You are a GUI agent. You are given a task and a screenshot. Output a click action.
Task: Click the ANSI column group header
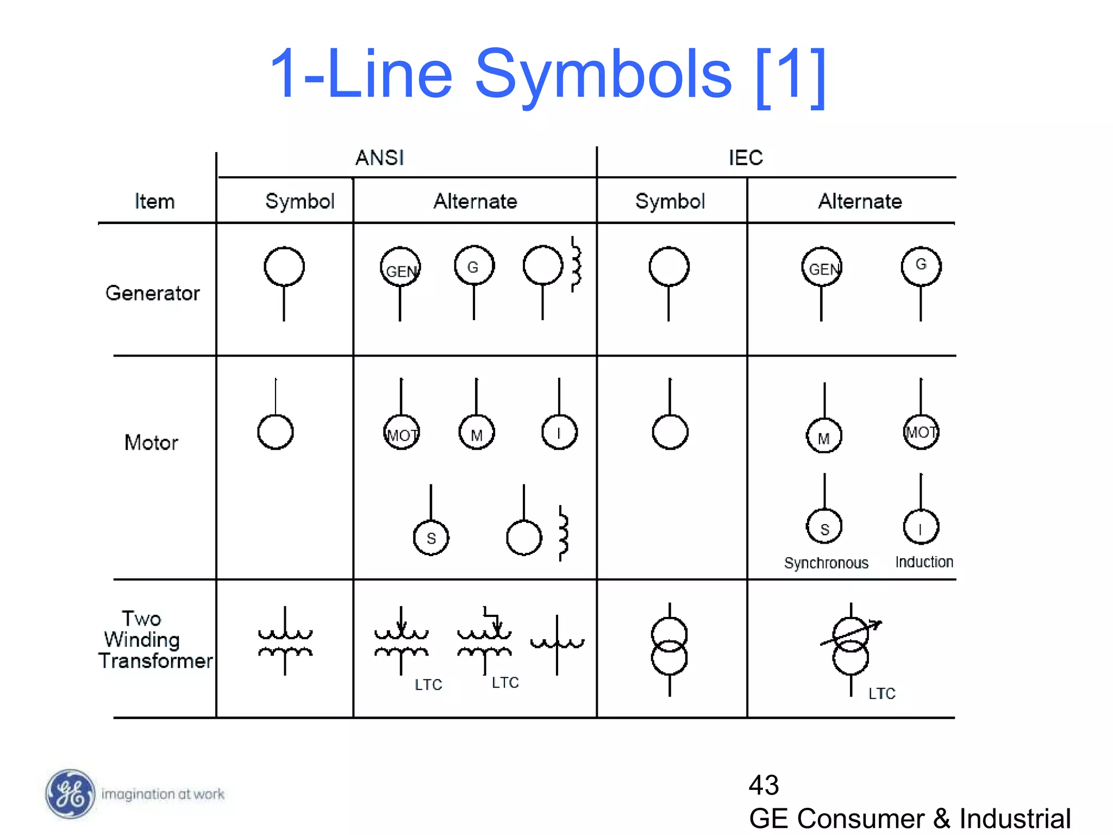tap(379, 158)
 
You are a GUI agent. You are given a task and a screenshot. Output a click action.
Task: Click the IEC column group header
tap(745, 158)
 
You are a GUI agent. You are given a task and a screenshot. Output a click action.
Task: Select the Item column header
tap(154, 202)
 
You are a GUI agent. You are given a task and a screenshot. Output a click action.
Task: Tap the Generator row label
tap(152, 293)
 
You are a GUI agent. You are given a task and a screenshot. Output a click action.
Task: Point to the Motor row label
tap(151, 443)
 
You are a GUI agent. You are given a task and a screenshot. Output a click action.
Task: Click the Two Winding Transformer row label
tap(154, 640)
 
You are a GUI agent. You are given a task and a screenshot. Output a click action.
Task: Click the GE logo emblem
tap(70, 794)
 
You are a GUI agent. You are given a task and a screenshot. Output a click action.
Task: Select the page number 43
tap(764, 784)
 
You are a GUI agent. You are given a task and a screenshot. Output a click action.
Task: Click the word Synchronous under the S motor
tap(826, 563)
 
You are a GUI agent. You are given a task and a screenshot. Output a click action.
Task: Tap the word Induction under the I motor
tap(924, 562)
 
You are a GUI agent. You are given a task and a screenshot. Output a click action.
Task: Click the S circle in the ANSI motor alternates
tap(431, 538)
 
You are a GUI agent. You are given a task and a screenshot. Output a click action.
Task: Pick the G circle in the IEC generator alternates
tap(921, 266)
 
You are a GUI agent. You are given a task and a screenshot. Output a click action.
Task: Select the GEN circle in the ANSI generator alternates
tap(401, 267)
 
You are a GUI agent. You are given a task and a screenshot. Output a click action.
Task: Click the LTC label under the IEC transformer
tap(881, 693)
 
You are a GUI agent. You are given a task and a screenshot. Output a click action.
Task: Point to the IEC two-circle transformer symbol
tap(669, 646)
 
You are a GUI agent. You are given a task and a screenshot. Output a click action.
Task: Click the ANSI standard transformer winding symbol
tap(285, 642)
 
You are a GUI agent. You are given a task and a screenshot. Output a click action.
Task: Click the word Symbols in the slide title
tap(603, 74)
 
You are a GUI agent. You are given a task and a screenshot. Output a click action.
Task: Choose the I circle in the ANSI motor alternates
tap(559, 432)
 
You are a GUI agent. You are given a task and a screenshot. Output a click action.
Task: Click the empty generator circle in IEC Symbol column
tap(669, 266)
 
